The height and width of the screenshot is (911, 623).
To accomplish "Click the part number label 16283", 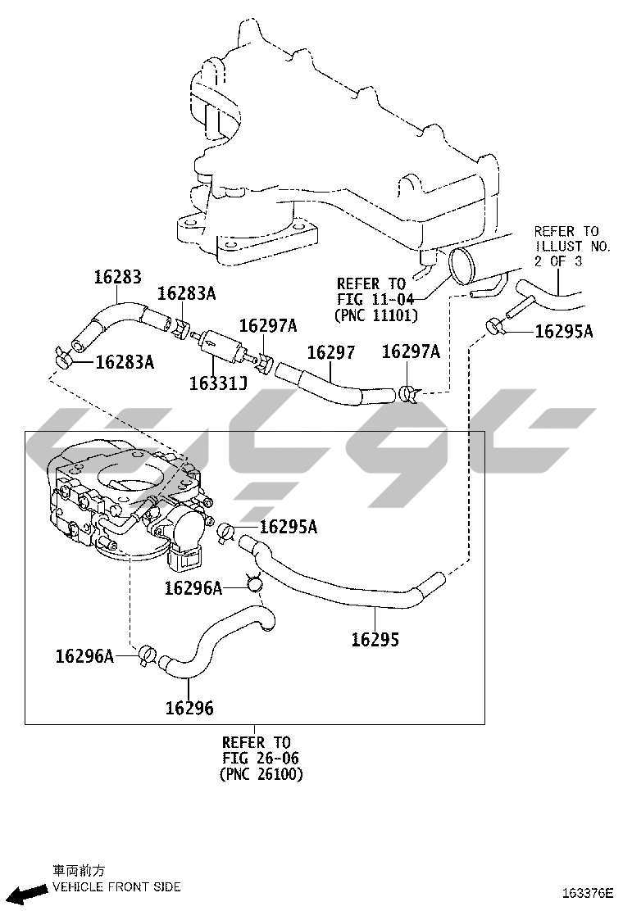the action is point(118,277).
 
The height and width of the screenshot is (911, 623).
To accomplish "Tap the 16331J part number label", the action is point(219,383).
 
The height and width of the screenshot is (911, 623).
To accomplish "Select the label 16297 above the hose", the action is point(330,352).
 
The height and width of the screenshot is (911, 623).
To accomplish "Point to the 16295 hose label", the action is point(375,640).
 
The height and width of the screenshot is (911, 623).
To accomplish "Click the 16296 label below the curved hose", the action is point(189,708).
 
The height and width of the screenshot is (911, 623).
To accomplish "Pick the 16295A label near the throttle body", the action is point(289,527).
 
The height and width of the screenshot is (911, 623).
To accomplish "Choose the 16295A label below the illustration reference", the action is point(564,331).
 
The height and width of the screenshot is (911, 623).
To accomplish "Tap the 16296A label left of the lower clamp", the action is point(84,656).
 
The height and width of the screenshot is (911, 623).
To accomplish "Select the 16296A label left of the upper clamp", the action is point(193,588).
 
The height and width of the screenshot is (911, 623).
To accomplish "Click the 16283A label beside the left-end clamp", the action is point(125,362).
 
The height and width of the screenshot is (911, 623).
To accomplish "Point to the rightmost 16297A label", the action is point(411,351).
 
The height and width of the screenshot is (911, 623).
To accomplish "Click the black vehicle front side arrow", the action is point(30,892).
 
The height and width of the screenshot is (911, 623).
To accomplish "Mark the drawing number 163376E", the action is point(588,893).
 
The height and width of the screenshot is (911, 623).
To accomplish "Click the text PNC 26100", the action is point(261,774).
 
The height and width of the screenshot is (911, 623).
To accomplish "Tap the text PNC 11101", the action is point(376,315).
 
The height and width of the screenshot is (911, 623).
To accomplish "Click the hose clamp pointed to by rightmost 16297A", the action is point(409,394).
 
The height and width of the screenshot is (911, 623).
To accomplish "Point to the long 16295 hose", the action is point(343,578).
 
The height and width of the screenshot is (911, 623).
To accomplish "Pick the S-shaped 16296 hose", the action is point(216,641).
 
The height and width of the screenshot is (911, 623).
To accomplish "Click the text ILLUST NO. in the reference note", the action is point(572,247).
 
